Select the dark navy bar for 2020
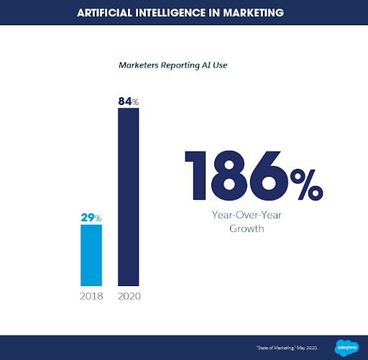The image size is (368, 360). coord(128,198)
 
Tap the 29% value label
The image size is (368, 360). coord(91,217)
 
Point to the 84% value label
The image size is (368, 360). coord(128,102)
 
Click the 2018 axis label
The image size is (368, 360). coord(91,296)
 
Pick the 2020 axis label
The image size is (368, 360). coord(129,296)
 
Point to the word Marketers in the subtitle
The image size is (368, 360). coord(143,64)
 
